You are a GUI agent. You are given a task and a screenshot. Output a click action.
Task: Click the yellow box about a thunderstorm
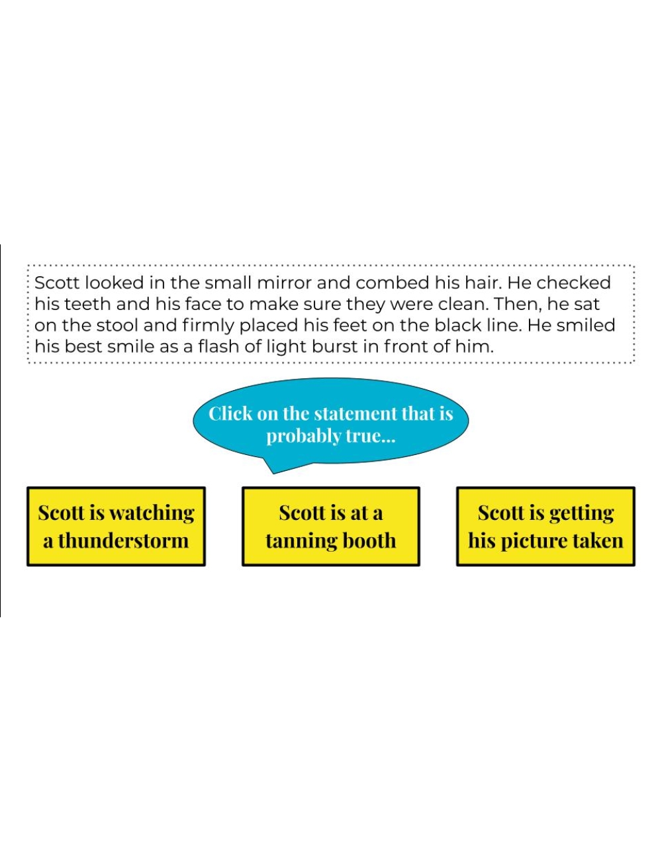(116, 526)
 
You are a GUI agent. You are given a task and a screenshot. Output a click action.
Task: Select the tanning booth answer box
(330, 526)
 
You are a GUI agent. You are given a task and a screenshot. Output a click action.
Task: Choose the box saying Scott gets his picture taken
(545, 526)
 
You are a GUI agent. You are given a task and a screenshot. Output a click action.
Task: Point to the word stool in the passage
(117, 325)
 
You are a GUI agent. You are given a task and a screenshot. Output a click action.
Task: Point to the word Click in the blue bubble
(230, 414)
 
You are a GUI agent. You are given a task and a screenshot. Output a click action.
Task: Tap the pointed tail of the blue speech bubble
(273, 473)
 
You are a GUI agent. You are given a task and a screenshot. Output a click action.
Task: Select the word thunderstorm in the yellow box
(124, 540)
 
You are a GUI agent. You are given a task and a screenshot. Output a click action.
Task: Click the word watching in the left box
(152, 513)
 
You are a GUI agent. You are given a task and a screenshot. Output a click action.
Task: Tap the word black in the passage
(457, 325)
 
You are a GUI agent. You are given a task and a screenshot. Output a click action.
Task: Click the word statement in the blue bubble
(356, 414)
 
